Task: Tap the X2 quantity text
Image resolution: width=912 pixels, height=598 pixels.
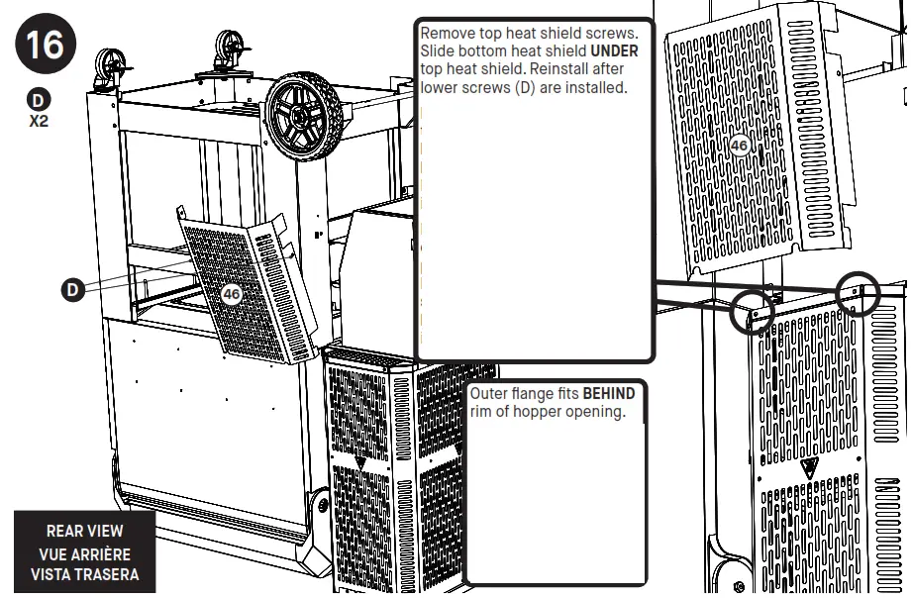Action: pos(39,122)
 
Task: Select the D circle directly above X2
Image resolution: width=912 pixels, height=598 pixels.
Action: pos(39,100)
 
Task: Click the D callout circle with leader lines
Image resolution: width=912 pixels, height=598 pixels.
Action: pos(72,290)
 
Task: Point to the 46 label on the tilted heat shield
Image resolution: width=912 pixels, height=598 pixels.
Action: pos(232,294)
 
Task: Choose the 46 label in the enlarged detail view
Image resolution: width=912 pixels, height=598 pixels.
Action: pos(739,146)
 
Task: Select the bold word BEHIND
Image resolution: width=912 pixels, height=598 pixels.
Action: pos(608,394)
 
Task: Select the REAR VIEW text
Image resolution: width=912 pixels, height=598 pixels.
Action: pos(85,532)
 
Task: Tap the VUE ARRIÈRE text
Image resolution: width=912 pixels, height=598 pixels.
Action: pos(85,553)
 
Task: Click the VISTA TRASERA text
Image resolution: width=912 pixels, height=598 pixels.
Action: pos(85,574)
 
